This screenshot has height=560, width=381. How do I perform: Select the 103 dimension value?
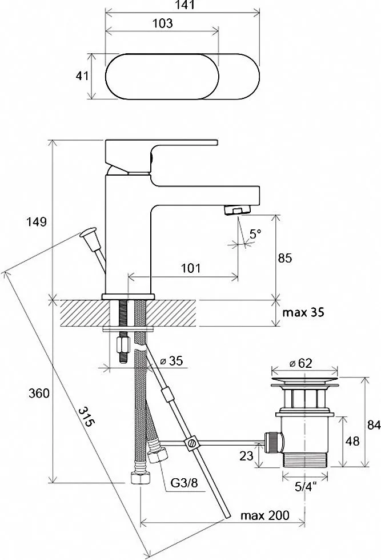[162, 23]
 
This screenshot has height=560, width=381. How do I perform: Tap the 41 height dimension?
[82, 76]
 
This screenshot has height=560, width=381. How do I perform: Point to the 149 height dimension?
[37, 222]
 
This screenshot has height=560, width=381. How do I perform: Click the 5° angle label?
[255, 235]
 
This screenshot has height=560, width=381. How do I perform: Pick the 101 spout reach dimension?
[191, 268]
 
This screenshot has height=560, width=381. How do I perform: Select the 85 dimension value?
[284, 258]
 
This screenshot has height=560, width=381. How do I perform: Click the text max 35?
[303, 312]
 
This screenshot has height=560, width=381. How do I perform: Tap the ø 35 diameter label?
[171, 361]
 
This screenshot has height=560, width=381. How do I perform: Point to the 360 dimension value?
[39, 394]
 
